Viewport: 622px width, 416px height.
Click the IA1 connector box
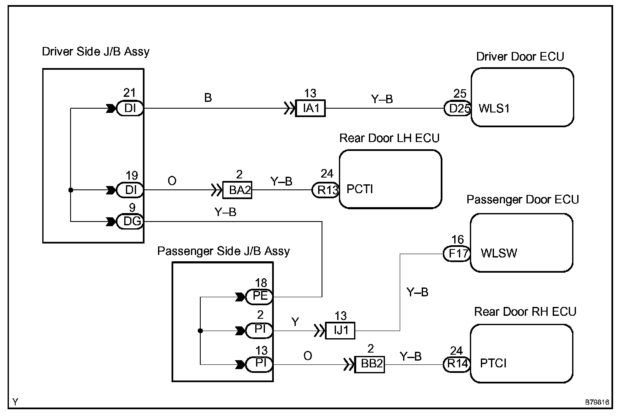[x=310, y=108]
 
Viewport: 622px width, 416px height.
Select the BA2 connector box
[x=237, y=190]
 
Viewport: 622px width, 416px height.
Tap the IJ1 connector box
[x=340, y=331]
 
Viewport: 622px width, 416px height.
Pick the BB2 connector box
[x=370, y=364]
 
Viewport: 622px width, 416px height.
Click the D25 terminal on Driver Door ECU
[x=458, y=108]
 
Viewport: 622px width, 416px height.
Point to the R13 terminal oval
[x=326, y=190]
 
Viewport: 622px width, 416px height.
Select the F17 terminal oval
[x=457, y=254]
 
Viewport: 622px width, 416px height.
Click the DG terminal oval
[x=130, y=222]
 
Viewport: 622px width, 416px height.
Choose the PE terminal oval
[x=259, y=297]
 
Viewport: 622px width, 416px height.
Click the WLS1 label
[x=494, y=108]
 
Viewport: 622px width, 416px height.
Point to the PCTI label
[x=360, y=189]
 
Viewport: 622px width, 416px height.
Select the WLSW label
[x=499, y=253]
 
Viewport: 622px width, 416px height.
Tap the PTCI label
[x=494, y=363]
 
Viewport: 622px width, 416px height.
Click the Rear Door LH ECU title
[x=389, y=138]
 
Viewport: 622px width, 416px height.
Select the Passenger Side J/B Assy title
[x=224, y=251]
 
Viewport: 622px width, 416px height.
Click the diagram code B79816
[x=597, y=402]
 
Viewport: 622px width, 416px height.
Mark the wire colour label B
[x=208, y=98]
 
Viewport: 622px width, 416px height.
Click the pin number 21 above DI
[x=129, y=93]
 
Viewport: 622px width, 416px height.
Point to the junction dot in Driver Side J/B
[x=71, y=190]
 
